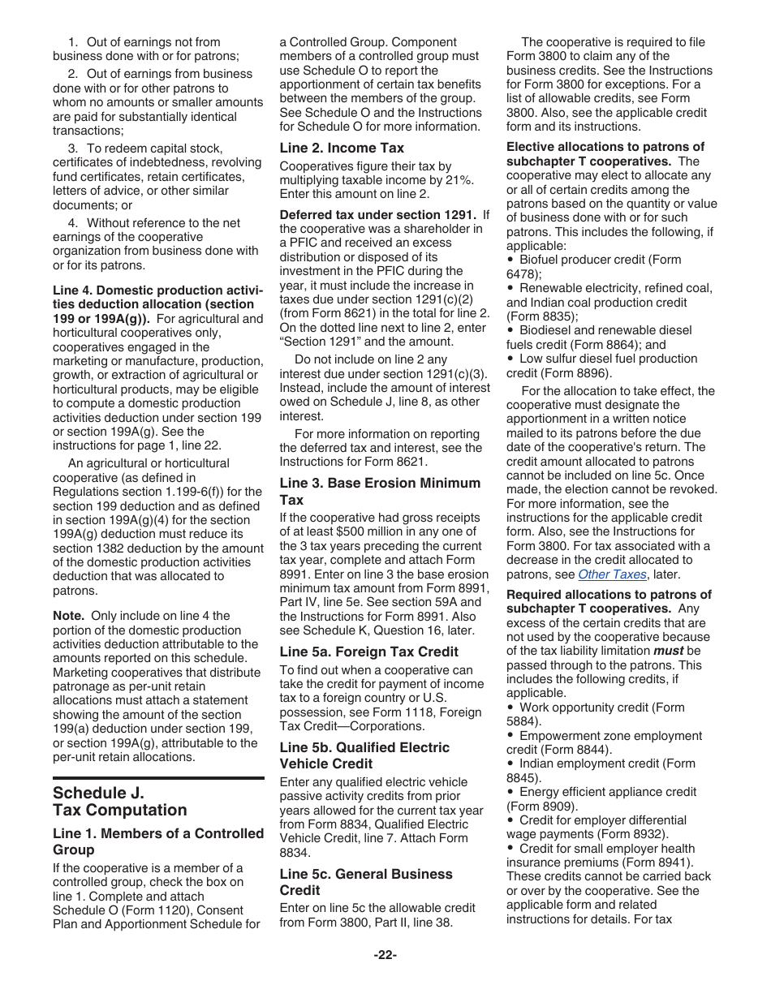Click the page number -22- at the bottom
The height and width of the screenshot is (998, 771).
385,955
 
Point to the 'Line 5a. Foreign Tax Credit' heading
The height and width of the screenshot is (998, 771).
368,652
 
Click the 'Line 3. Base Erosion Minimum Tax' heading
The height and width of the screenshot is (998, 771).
380,492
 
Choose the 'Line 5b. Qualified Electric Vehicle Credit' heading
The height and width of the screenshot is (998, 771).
364,755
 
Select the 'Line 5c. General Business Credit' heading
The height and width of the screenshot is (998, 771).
366,882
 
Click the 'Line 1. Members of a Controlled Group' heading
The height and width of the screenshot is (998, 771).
158,841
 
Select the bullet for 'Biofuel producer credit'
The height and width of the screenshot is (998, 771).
511,260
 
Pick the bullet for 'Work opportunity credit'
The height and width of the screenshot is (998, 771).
511,708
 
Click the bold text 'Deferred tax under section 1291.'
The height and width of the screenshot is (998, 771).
377,215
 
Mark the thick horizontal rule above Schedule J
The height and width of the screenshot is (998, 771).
158,778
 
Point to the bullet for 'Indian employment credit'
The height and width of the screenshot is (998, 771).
511,764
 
